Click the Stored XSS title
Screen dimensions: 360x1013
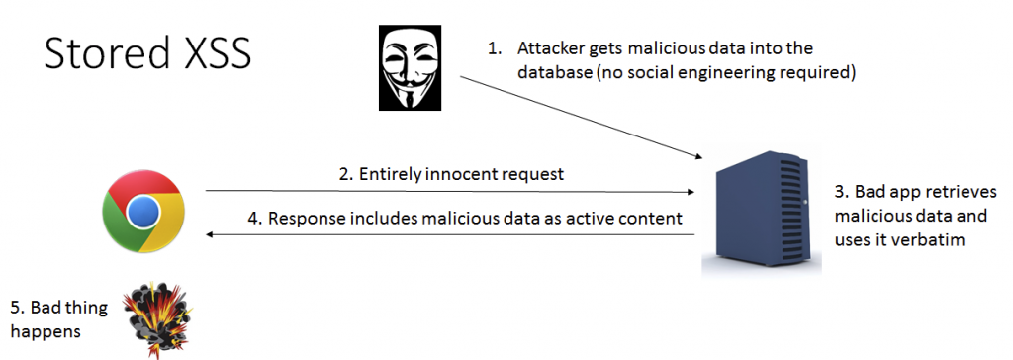pyautogui.click(x=147, y=55)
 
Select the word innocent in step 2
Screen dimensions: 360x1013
pyautogui.click(x=461, y=174)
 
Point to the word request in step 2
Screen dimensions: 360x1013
pyautogui.click(x=531, y=174)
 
